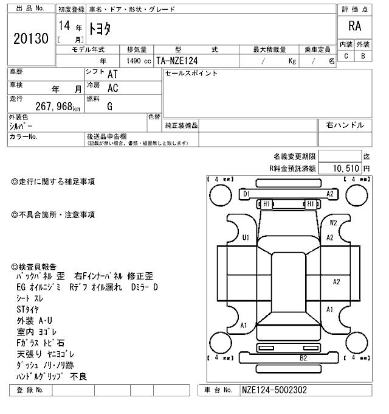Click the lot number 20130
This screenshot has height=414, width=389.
[30, 39]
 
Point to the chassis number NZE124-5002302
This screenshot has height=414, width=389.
[273, 390]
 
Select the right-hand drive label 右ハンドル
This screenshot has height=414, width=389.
[345, 125]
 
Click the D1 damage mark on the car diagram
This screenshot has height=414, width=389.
[246, 194]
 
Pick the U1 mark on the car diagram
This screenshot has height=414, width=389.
[246, 237]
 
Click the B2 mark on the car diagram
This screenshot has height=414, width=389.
[303, 358]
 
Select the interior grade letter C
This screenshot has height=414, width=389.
[346, 56]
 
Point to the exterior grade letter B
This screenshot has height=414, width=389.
[363, 56]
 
